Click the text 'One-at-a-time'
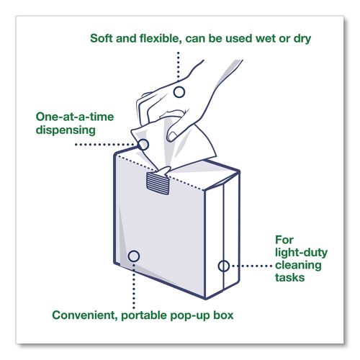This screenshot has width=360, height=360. (x=75, y=117)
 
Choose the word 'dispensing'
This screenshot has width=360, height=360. (x=66, y=130)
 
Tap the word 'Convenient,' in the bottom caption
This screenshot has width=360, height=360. (x=85, y=315)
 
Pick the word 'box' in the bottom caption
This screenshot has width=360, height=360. (x=223, y=315)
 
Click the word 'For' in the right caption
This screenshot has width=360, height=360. (x=284, y=240)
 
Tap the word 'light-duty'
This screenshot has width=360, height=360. (x=301, y=253)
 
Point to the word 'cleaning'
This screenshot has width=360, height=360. (x=298, y=265)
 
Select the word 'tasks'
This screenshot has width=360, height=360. (x=290, y=278)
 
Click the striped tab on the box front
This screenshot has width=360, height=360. (x=158, y=184)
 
